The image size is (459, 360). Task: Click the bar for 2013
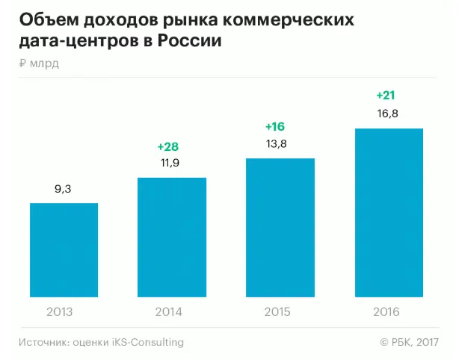pyautogui.click(x=64, y=250)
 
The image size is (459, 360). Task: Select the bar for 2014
pyautogui.click(x=172, y=238)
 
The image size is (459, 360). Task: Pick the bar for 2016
pyautogui.click(x=389, y=213)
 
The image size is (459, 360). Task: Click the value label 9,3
pyautogui.click(x=64, y=190)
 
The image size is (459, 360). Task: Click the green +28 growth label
pyautogui.click(x=167, y=146)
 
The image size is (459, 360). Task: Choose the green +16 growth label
pyautogui.click(x=277, y=125)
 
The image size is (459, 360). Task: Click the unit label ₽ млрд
pyautogui.click(x=40, y=63)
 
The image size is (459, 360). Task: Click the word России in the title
pyautogui.click(x=190, y=42)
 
